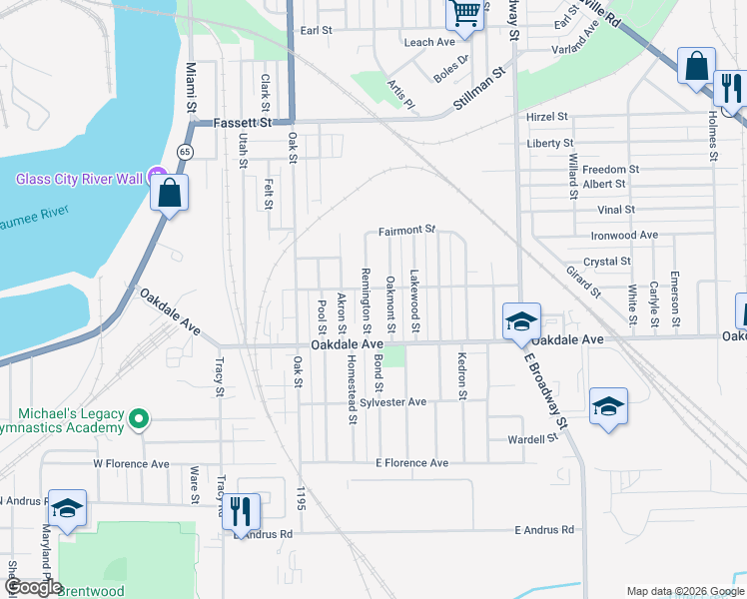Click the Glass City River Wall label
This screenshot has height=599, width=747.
80,179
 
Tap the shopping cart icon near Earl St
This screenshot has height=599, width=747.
464,14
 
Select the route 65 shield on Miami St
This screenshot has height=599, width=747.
186,151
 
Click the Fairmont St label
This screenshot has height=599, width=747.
407,231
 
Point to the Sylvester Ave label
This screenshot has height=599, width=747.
393,402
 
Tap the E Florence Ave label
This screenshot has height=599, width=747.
411,463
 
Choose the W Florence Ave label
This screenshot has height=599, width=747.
131,463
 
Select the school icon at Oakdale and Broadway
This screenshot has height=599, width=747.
520,321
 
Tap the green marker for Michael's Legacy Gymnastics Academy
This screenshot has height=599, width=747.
140,419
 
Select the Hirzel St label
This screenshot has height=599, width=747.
547,118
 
